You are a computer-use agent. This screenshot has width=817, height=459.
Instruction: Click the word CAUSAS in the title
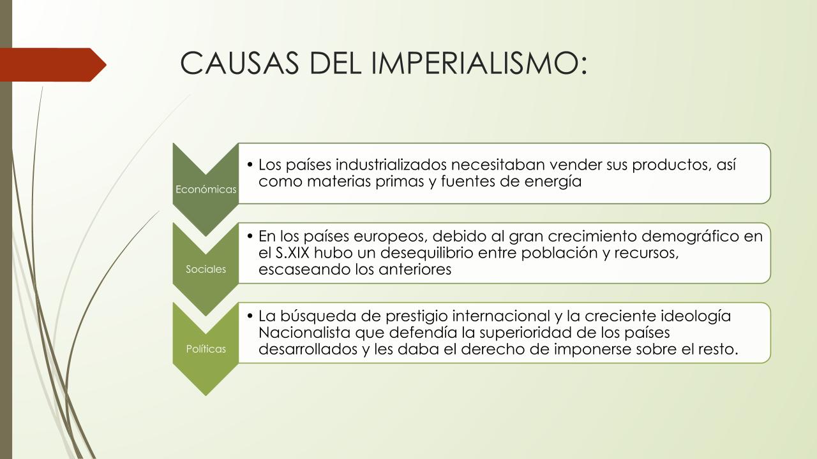coord(239,62)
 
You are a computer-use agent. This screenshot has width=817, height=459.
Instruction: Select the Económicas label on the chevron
coord(206,189)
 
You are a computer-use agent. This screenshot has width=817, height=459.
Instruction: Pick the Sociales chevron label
coord(206,269)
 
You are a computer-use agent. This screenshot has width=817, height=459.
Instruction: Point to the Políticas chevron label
coord(206,349)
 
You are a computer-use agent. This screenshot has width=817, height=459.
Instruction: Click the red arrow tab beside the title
coord(53,65)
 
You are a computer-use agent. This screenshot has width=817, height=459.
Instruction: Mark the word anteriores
coord(415,270)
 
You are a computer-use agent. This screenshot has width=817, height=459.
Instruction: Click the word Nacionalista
coord(304,333)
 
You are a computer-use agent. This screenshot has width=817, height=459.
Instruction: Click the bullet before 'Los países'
coord(250,165)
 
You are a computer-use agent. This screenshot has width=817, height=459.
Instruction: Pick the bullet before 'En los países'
coord(250,237)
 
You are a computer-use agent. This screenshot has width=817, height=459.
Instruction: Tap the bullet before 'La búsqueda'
coord(250,316)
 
